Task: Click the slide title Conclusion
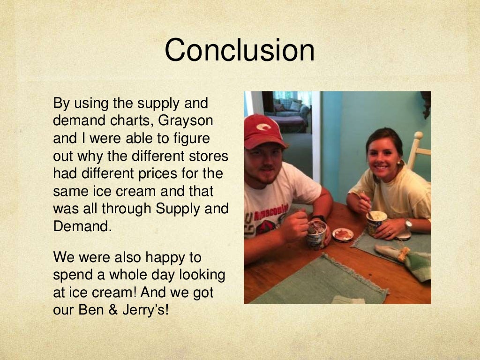coord(239,50)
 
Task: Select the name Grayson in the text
coord(186,120)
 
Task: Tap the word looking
coord(197,275)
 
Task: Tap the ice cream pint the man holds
coord(317,234)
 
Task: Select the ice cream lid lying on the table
coord(343,234)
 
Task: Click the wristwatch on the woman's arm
coord(408,225)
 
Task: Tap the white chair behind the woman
coord(417,150)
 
